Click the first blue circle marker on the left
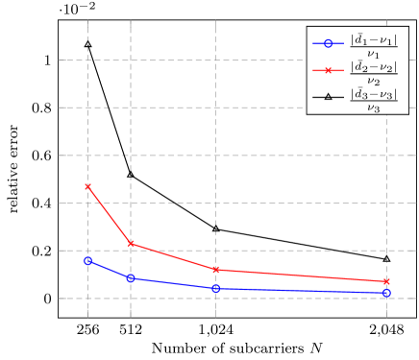pos(88,260)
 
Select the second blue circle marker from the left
pos(131,278)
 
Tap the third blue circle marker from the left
pos(216,288)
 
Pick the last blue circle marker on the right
pos(386,293)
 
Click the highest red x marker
pos(88,186)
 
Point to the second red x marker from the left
pos(131,244)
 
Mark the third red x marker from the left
pos(216,270)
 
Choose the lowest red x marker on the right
pos(386,281)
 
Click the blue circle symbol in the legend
pos(327,43)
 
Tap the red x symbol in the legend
pos(327,70)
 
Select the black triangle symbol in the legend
pos(327,97)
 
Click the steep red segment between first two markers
pos(110,215)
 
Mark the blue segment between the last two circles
pos(301,291)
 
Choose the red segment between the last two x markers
pos(301,276)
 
